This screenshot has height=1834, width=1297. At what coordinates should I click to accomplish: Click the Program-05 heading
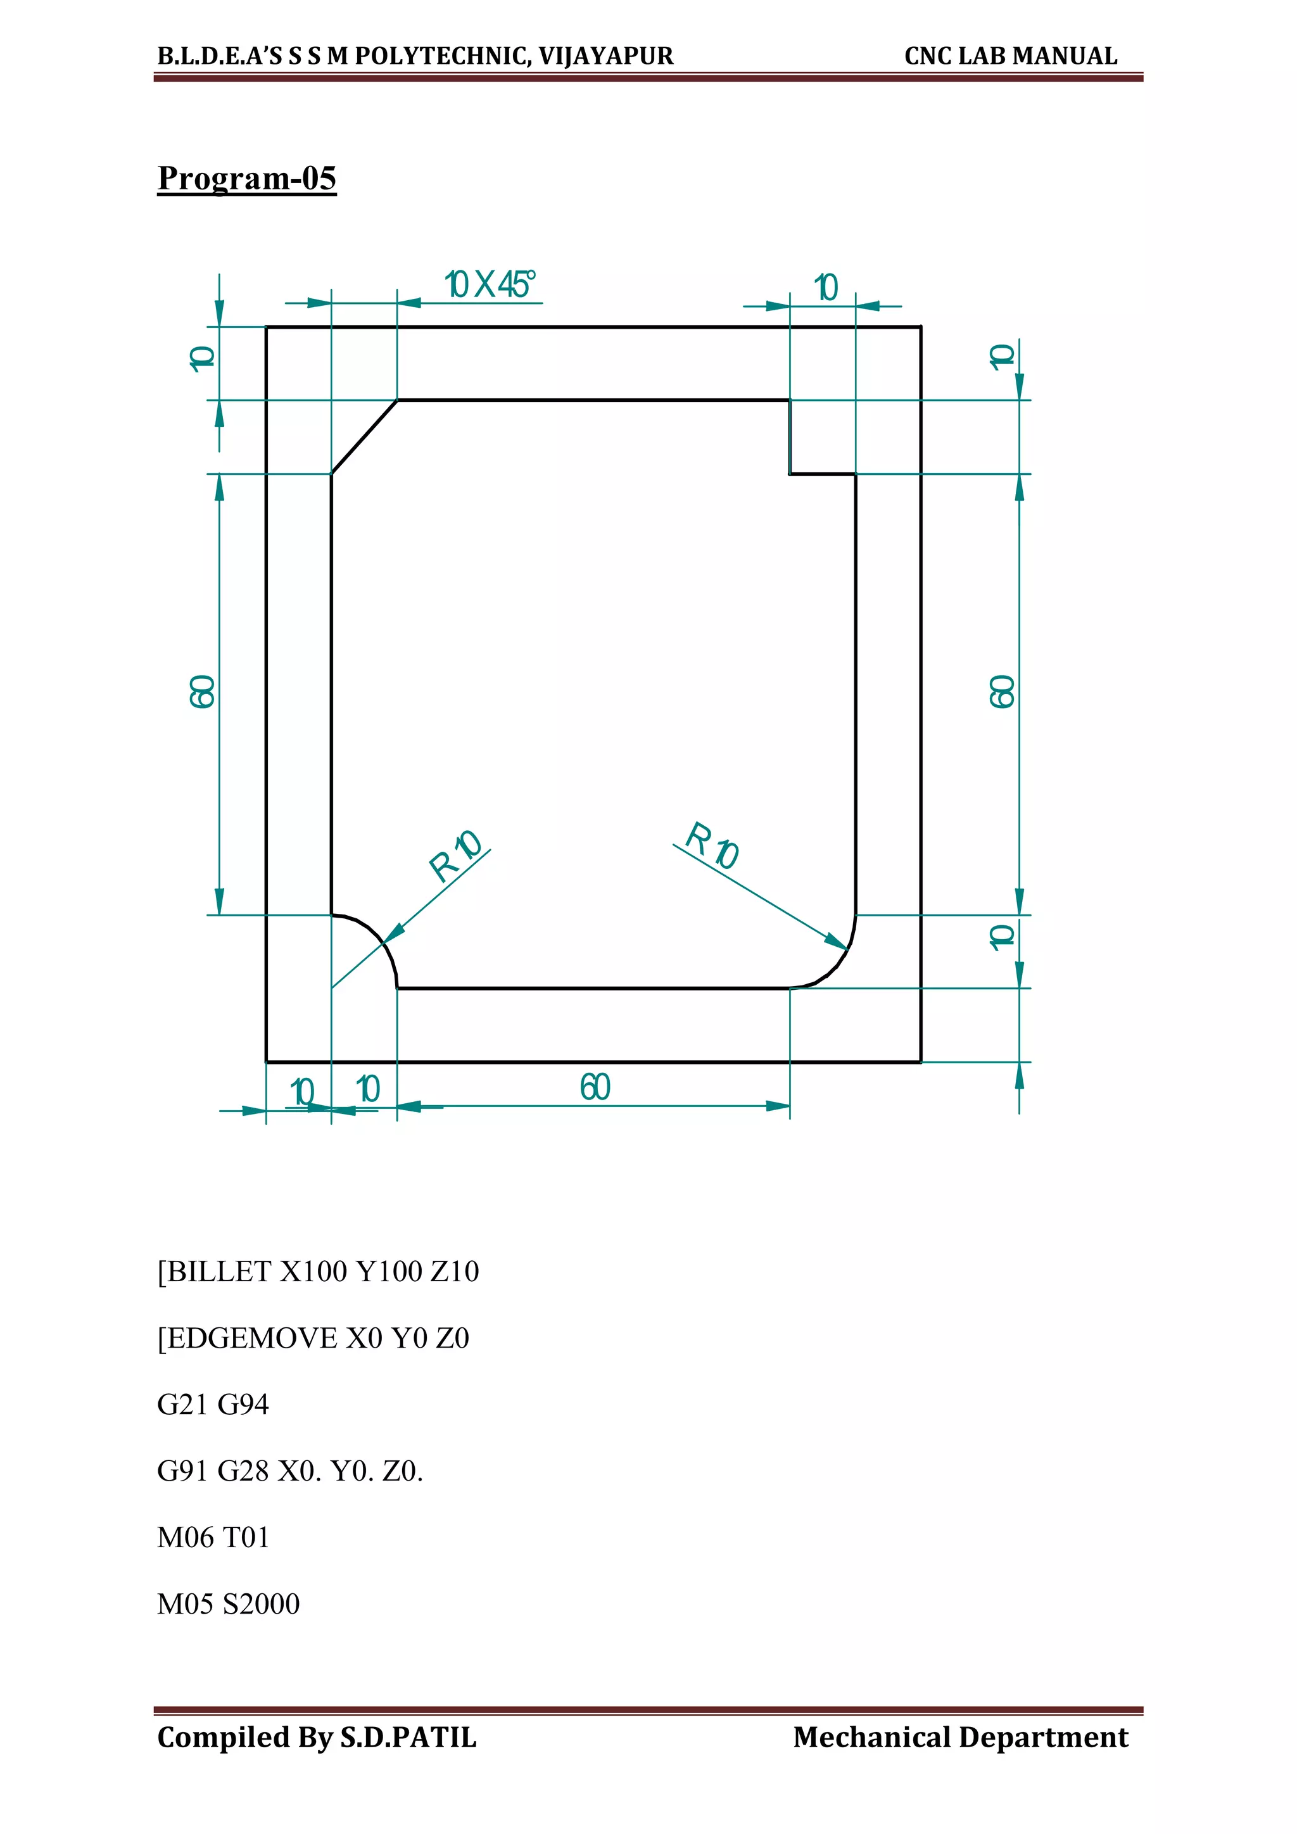click(247, 177)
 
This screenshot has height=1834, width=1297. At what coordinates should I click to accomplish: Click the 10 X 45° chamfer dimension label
click(490, 284)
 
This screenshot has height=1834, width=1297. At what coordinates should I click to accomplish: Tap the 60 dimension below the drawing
click(595, 1087)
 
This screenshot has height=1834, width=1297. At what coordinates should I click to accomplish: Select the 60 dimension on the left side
click(203, 691)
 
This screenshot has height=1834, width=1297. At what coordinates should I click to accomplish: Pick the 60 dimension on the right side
click(1003, 691)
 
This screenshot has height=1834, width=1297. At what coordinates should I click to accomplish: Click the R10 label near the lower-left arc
click(455, 856)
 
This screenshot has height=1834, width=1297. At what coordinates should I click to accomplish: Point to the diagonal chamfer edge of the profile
click(364, 437)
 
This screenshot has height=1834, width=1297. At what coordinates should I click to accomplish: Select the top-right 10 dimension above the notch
click(826, 288)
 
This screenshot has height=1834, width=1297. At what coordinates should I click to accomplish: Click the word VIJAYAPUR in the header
click(605, 56)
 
